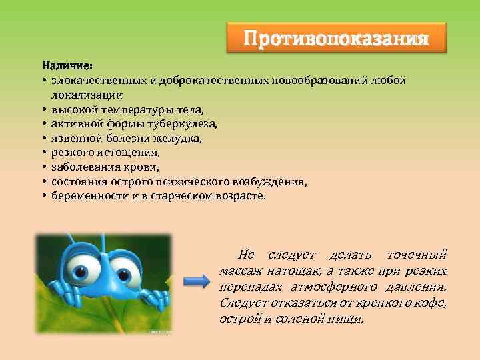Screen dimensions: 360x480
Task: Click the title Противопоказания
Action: point(335,37)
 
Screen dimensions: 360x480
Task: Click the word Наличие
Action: point(67,67)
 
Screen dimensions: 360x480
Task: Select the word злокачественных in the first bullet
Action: point(99,81)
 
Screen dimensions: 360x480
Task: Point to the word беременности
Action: point(89,197)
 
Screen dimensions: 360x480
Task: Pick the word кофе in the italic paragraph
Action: point(434,303)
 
